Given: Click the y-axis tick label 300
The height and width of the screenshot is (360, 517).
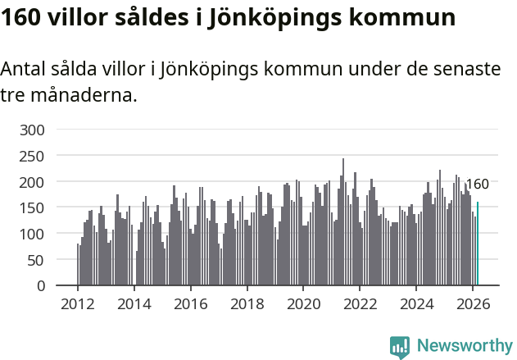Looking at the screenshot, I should click(x=35, y=130).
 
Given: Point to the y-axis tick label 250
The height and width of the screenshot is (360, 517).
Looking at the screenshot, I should click(x=35, y=156).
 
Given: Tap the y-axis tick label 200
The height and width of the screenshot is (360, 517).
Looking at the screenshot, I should click(x=35, y=182).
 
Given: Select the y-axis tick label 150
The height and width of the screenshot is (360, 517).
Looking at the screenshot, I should click(x=35, y=208).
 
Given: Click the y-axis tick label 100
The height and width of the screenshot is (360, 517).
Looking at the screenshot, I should click(x=35, y=235).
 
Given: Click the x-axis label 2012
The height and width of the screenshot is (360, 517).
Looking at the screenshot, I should click(x=78, y=303).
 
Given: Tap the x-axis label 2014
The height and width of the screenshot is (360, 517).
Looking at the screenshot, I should click(x=134, y=303).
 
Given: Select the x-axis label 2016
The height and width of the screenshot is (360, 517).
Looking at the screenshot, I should click(x=191, y=303).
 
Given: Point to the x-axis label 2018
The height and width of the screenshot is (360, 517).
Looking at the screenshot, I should click(x=247, y=303).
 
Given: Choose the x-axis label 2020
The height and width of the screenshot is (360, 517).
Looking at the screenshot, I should click(x=304, y=303).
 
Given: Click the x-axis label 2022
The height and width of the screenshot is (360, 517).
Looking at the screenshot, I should click(x=361, y=303).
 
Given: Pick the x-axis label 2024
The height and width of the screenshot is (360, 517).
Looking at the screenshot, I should click(x=417, y=303).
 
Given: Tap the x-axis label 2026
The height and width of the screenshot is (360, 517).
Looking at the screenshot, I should click(x=473, y=303).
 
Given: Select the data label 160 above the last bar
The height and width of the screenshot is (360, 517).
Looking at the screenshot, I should click(x=477, y=185).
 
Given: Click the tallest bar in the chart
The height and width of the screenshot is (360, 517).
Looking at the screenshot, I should click(x=343, y=222).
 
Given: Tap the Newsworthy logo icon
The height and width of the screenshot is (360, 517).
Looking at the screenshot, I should click(x=400, y=347).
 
